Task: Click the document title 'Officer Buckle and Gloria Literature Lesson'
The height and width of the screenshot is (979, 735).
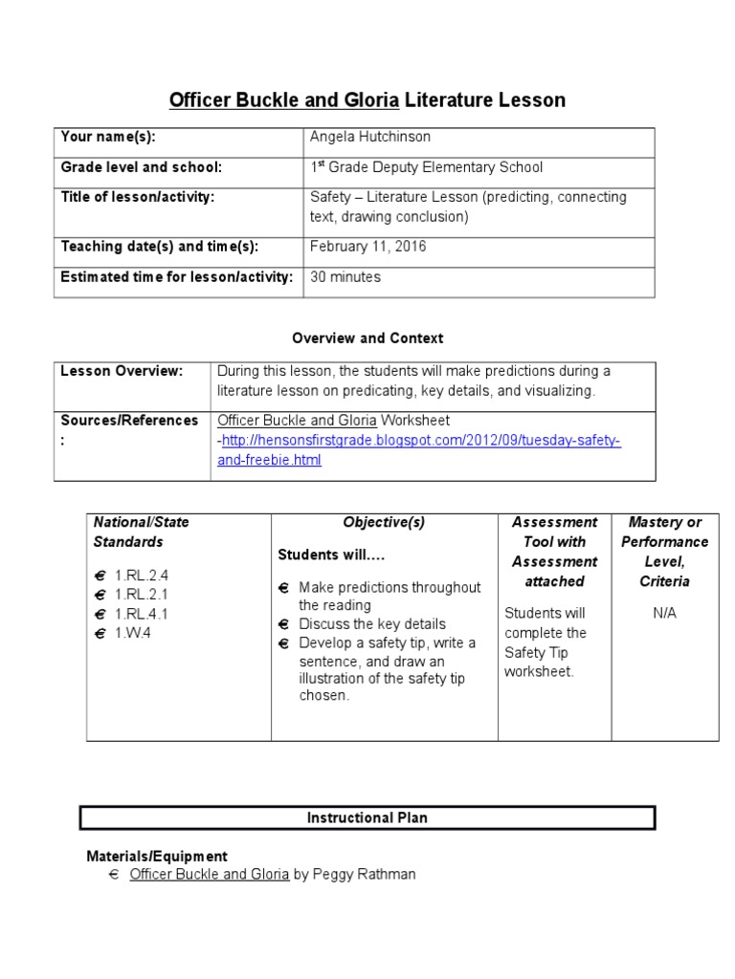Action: pos(367,99)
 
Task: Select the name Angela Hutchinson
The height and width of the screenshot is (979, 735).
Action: pos(369,138)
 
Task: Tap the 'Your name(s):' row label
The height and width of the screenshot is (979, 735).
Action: pos(108,138)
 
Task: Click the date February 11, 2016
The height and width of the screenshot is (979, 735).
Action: pos(367,247)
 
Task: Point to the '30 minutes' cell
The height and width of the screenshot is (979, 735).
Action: pos(345,277)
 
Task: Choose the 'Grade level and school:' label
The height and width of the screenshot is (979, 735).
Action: pos(142,167)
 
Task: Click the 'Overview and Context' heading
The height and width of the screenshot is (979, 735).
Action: pos(367,338)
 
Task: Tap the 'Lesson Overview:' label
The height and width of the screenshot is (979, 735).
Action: pos(122,371)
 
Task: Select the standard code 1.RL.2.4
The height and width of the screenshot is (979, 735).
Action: pos(141,576)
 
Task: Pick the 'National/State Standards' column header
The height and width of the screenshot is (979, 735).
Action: pos(141,532)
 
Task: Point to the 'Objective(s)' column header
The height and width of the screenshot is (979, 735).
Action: pos(384,522)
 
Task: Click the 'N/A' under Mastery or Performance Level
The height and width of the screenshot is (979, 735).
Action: pos(664,613)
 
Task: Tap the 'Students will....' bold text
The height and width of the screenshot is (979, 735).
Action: pos(331,555)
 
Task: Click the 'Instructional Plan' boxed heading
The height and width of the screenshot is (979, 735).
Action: pos(367,818)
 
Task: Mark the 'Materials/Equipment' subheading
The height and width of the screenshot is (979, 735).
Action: pos(157,857)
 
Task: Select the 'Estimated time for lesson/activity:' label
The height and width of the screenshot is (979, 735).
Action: pos(177,277)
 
